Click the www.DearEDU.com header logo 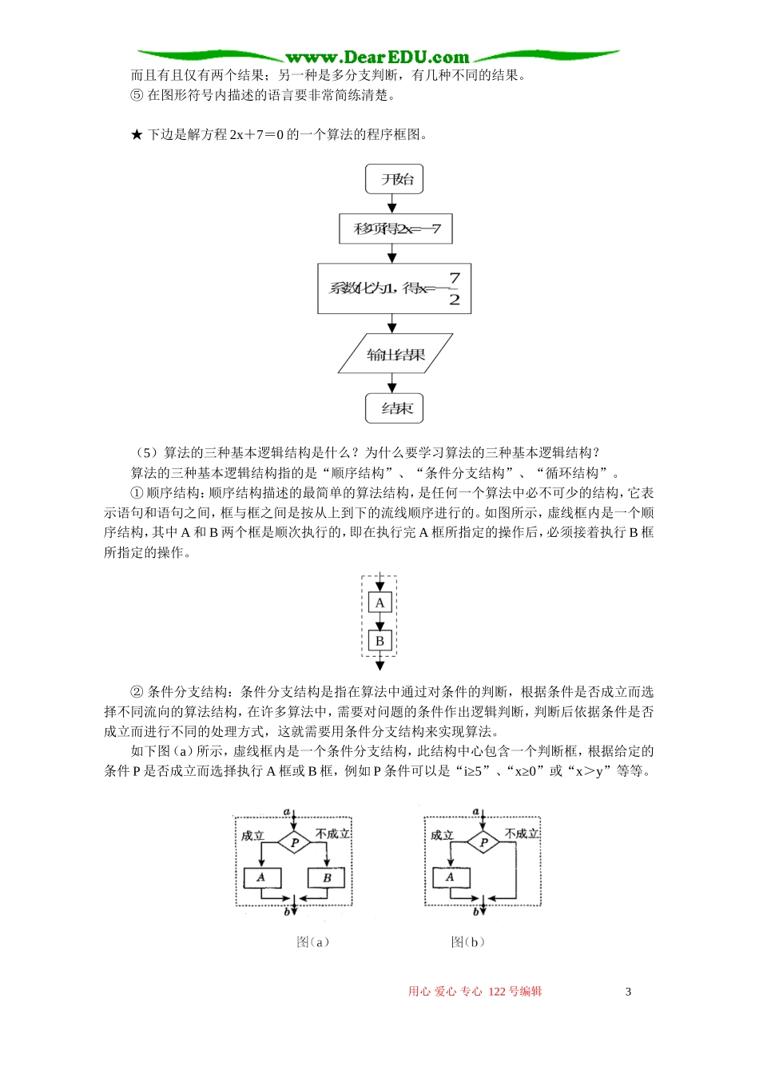pyautogui.click(x=377, y=58)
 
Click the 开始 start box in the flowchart pyautogui.click(x=394, y=180)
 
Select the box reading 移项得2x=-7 pyautogui.click(x=395, y=229)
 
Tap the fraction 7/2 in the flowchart pyautogui.click(x=454, y=288)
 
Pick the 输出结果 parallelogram pyautogui.click(x=395, y=354)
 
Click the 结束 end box pyautogui.click(x=394, y=408)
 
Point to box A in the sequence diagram pyautogui.click(x=379, y=603)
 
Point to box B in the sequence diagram pyautogui.click(x=379, y=640)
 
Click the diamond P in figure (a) pyautogui.click(x=295, y=842)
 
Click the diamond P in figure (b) pyautogui.click(x=483, y=842)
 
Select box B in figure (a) pyautogui.click(x=327, y=877)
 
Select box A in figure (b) pyautogui.click(x=451, y=877)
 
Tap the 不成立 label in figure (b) pyautogui.click(x=522, y=833)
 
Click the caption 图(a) pyautogui.click(x=312, y=942)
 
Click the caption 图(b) pyautogui.click(x=467, y=942)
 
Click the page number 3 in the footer pyautogui.click(x=628, y=992)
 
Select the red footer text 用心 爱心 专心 pyautogui.click(x=445, y=992)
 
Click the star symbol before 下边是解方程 pyautogui.click(x=137, y=135)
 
